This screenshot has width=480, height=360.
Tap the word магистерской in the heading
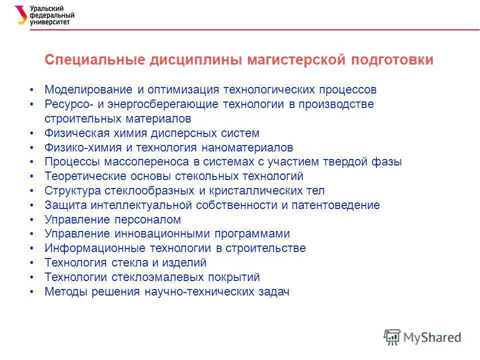pos(297,60)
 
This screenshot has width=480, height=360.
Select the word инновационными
pos(157,234)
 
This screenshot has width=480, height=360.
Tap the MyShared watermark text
pos(432,337)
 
